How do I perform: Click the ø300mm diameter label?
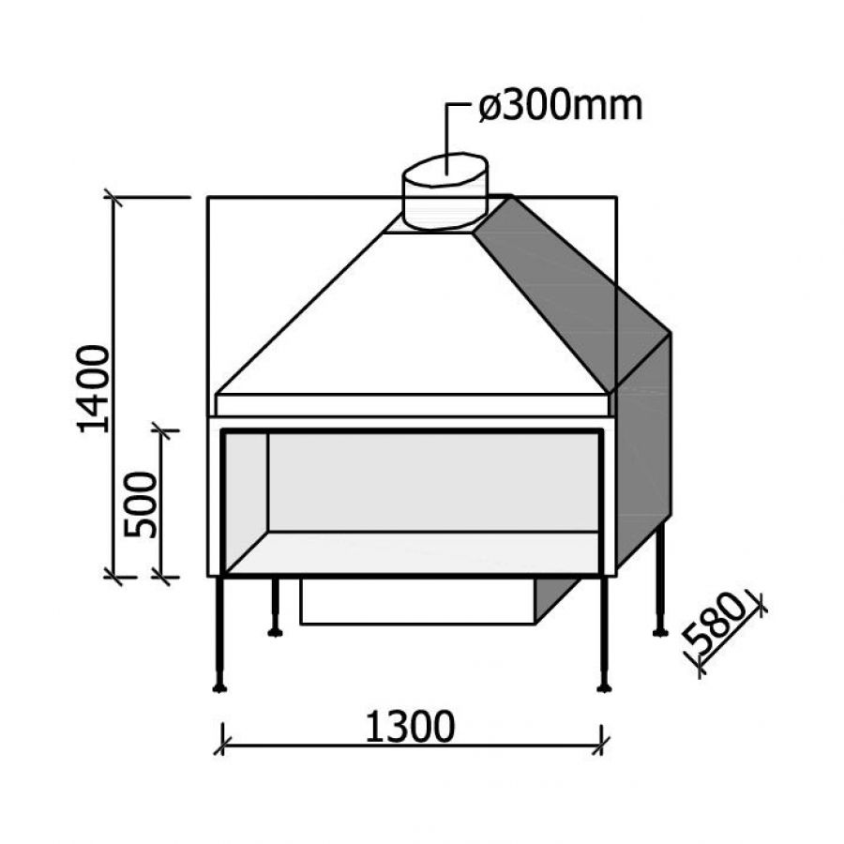(561, 107)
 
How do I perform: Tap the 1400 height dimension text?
(94, 389)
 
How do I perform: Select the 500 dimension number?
(140, 505)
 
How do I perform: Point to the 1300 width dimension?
(410, 727)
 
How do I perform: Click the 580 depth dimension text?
(716, 623)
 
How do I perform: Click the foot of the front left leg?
(219, 686)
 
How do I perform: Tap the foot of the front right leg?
(605, 686)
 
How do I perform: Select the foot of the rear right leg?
(660, 632)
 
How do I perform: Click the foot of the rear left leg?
(275, 632)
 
